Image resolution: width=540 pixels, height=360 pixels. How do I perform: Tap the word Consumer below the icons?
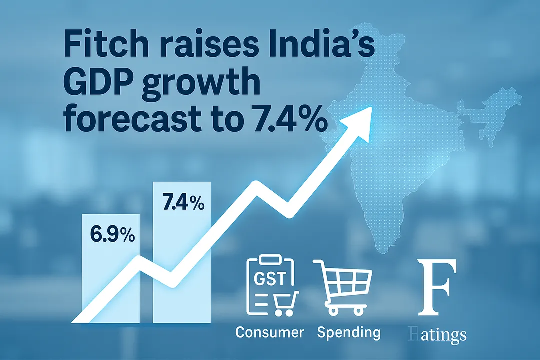(x=269, y=332)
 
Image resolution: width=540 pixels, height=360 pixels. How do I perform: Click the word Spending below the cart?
(x=348, y=333)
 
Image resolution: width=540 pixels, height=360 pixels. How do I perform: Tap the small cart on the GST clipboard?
(x=283, y=304)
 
